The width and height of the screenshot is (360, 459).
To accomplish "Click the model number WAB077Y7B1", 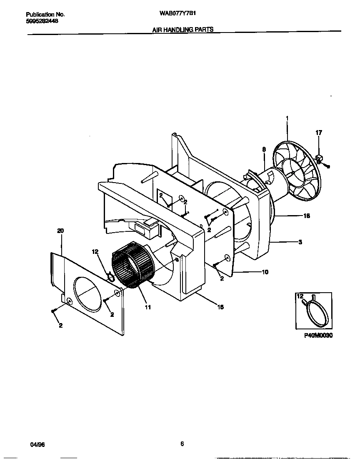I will click(x=177, y=13).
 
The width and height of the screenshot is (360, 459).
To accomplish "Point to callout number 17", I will click(x=319, y=133).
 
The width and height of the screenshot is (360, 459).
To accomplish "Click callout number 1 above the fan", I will click(x=287, y=119).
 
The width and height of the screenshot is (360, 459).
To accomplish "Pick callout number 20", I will click(x=60, y=231).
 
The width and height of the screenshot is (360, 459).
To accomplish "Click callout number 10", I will click(x=265, y=272).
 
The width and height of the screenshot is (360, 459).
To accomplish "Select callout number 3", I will click(x=300, y=242).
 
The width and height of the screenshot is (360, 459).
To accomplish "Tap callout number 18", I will click(x=307, y=216).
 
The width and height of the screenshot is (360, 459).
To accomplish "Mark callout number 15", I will click(x=220, y=307).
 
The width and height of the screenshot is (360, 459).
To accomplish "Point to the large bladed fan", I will click(x=296, y=171).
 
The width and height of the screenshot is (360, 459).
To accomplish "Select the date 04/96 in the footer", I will click(x=37, y=444).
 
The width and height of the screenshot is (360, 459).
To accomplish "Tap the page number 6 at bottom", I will click(x=182, y=444).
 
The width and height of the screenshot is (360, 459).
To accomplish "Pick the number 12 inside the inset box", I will click(x=300, y=296).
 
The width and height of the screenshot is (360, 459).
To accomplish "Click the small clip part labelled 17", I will click(x=320, y=158).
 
